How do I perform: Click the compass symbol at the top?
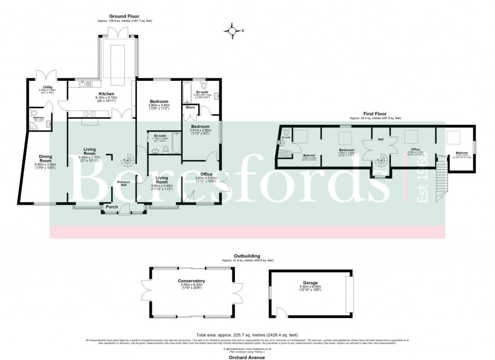[x=233, y=30]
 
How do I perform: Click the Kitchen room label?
[x=106, y=93]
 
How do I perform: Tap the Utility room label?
[x=48, y=87]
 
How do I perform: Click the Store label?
[x=190, y=107]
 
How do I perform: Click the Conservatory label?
[x=191, y=281]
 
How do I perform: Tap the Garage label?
[x=310, y=282]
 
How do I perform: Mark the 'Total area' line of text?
[x=247, y=334]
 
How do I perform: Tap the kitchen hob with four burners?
[x=89, y=114]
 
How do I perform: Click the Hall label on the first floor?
[x=380, y=139]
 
